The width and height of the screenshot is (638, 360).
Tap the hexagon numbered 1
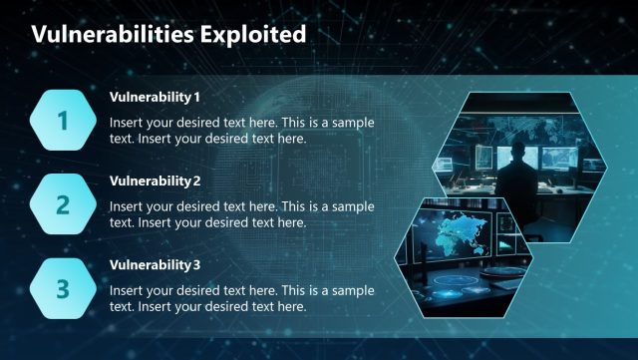pyautogui.click(x=63, y=121)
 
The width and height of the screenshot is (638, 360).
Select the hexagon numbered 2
pyautogui.click(x=63, y=204)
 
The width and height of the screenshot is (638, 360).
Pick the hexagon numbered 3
pyautogui.click(x=63, y=288)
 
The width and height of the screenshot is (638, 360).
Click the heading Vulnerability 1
pyautogui.click(x=155, y=97)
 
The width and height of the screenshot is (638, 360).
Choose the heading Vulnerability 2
pyautogui.click(x=155, y=180)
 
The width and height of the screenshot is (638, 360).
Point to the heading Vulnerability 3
pyautogui.click(x=155, y=264)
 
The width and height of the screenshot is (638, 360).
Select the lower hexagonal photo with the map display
pyautogui.click(x=463, y=254)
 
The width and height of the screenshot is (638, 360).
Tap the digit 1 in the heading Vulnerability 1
pyautogui.click(x=197, y=97)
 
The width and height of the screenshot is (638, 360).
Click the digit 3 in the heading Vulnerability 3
pyautogui.click(x=197, y=264)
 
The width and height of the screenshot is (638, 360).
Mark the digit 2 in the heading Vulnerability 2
pyautogui.click(x=197, y=180)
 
